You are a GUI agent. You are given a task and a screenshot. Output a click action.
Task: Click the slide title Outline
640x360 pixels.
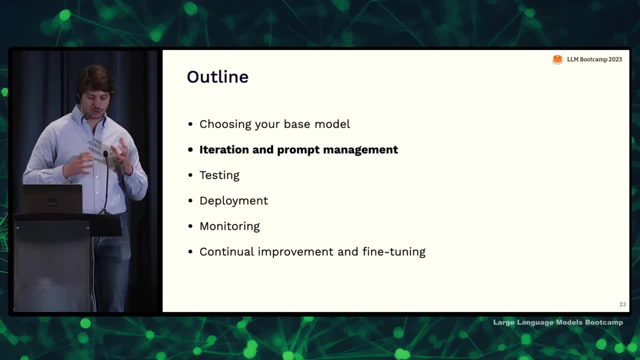(x=217, y=77)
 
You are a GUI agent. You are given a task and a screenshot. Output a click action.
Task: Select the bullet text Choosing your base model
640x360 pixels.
(x=274, y=124)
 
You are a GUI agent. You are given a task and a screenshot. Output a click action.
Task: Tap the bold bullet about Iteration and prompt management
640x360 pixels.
(x=298, y=150)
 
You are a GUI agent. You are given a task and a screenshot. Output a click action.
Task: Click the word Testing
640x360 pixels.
(x=219, y=175)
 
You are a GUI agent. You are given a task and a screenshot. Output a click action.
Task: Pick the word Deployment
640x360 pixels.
(x=233, y=201)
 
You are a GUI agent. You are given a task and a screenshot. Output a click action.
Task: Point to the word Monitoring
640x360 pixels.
(x=229, y=226)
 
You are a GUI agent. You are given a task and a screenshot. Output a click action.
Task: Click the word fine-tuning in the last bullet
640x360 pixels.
(x=394, y=251)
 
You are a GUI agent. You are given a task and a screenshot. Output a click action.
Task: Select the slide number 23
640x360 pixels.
(x=622, y=304)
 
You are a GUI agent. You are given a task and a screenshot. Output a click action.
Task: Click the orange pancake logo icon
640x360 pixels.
(x=557, y=59)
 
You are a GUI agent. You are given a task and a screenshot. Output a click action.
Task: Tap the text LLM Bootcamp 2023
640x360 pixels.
(x=594, y=59)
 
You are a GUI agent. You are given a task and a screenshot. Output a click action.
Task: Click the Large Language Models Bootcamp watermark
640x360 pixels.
(x=557, y=322)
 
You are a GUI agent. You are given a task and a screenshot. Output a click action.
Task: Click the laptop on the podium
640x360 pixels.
(x=52, y=198)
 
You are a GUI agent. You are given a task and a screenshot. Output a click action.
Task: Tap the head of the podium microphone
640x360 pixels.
(x=105, y=154)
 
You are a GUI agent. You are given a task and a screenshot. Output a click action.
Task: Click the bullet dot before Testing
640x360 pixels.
(x=190, y=175)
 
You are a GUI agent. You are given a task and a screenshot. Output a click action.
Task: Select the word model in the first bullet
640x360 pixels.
(x=332, y=124)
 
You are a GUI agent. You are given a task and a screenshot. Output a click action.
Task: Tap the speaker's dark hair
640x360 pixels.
(x=95, y=78)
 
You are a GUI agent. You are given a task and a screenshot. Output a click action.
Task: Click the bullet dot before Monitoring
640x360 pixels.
(x=190, y=226)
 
